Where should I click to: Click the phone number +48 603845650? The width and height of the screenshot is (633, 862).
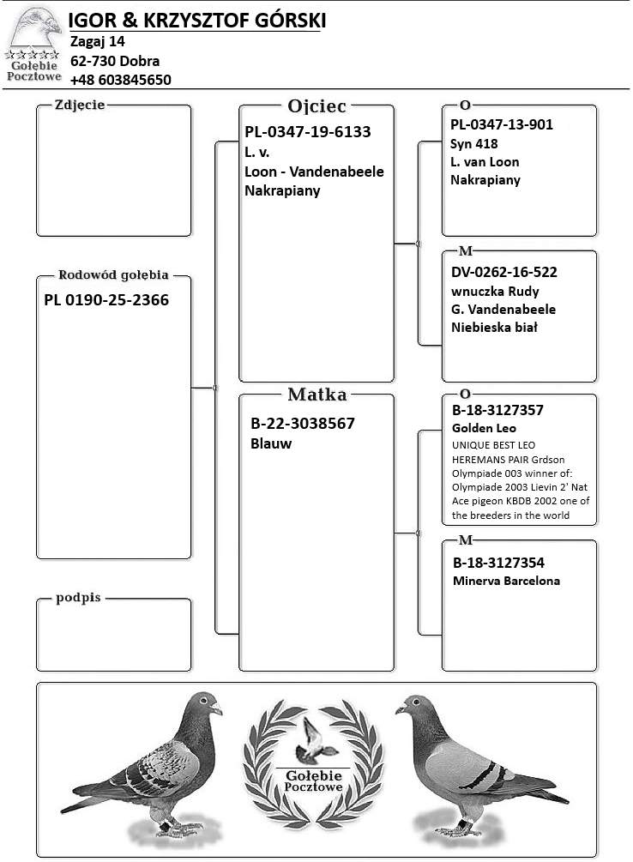click(121, 80)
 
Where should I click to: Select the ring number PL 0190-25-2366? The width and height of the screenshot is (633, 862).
click(106, 300)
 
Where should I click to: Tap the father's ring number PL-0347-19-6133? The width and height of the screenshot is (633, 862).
click(307, 132)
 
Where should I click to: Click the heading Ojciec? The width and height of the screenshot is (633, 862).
click(316, 106)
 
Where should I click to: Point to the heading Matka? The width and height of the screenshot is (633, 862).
click(316, 395)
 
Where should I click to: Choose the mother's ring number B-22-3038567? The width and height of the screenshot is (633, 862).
click(302, 424)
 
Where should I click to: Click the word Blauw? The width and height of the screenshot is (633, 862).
click(271, 443)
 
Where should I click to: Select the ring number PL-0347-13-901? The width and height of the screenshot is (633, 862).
click(502, 124)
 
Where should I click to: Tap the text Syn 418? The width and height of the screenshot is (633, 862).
click(473, 143)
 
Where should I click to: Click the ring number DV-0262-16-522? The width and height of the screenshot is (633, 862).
click(504, 272)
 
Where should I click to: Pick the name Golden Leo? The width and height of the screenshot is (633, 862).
click(485, 428)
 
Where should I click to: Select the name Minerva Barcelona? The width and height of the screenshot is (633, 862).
click(506, 581)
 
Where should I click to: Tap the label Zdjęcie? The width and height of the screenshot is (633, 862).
click(79, 105)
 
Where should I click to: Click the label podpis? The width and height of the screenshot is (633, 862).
click(78, 598)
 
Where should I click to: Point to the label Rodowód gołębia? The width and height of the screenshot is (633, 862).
click(112, 275)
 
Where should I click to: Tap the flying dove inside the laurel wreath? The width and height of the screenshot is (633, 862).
click(315, 742)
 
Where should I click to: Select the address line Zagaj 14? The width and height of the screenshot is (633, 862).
click(98, 41)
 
